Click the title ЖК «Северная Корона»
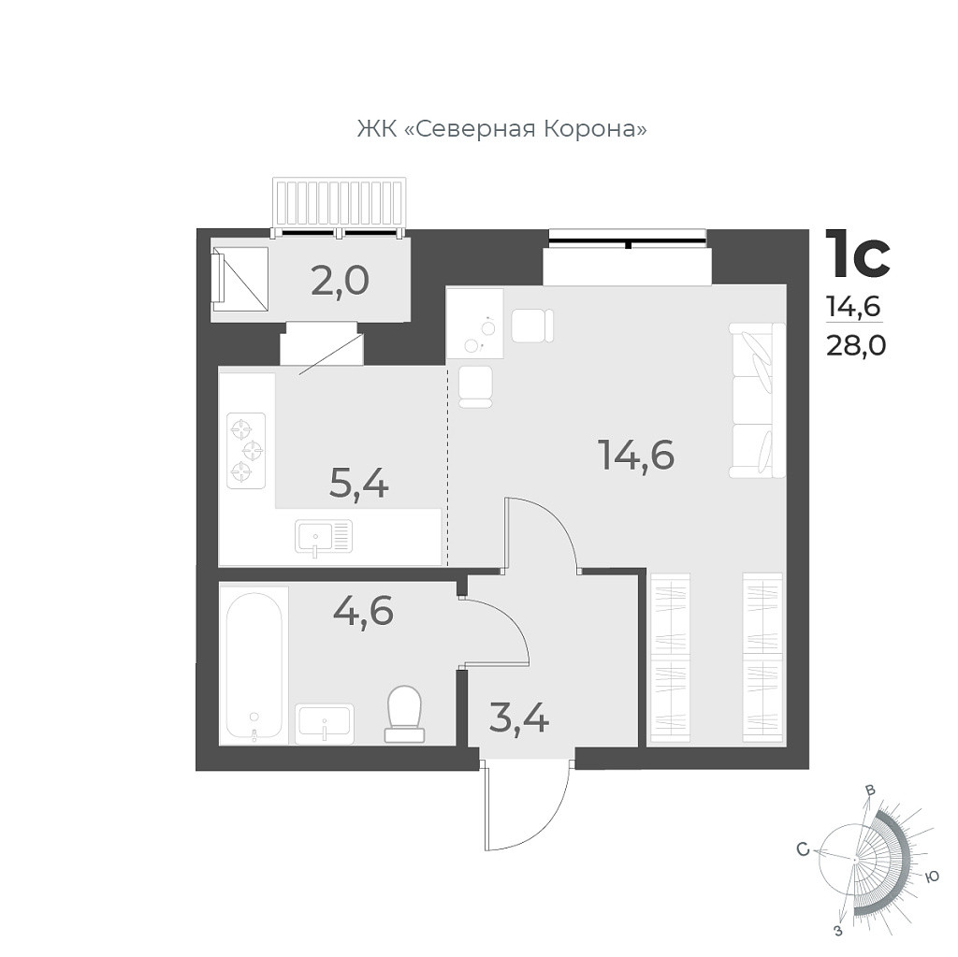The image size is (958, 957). click(x=501, y=128)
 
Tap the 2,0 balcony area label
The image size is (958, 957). click(x=341, y=280)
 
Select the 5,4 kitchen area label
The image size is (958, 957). click(x=359, y=483)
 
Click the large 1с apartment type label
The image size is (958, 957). click(x=856, y=254)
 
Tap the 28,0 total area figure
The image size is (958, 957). click(x=856, y=345)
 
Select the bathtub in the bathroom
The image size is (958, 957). click(x=254, y=664)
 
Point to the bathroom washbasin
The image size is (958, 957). click(x=324, y=722)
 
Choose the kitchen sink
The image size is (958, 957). click(x=323, y=537)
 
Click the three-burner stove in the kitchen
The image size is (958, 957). click(x=246, y=450)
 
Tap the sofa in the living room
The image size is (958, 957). click(x=757, y=400)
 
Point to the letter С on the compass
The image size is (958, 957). click(x=802, y=849)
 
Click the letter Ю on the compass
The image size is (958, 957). click(x=931, y=876)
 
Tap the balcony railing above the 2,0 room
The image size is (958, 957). click(x=341, y=203)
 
